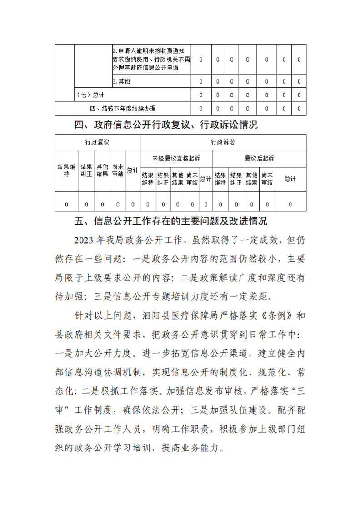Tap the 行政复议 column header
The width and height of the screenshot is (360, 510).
[97, 142]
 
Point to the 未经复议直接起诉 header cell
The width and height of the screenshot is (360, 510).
[176, 159]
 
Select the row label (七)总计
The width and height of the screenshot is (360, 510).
[91, 95]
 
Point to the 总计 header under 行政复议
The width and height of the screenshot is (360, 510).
[133, 170]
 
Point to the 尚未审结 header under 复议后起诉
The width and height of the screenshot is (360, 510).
[267, 179]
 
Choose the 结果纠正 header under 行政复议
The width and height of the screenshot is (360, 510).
[86, 170]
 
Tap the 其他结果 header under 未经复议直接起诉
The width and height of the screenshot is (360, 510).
[178, 179]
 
